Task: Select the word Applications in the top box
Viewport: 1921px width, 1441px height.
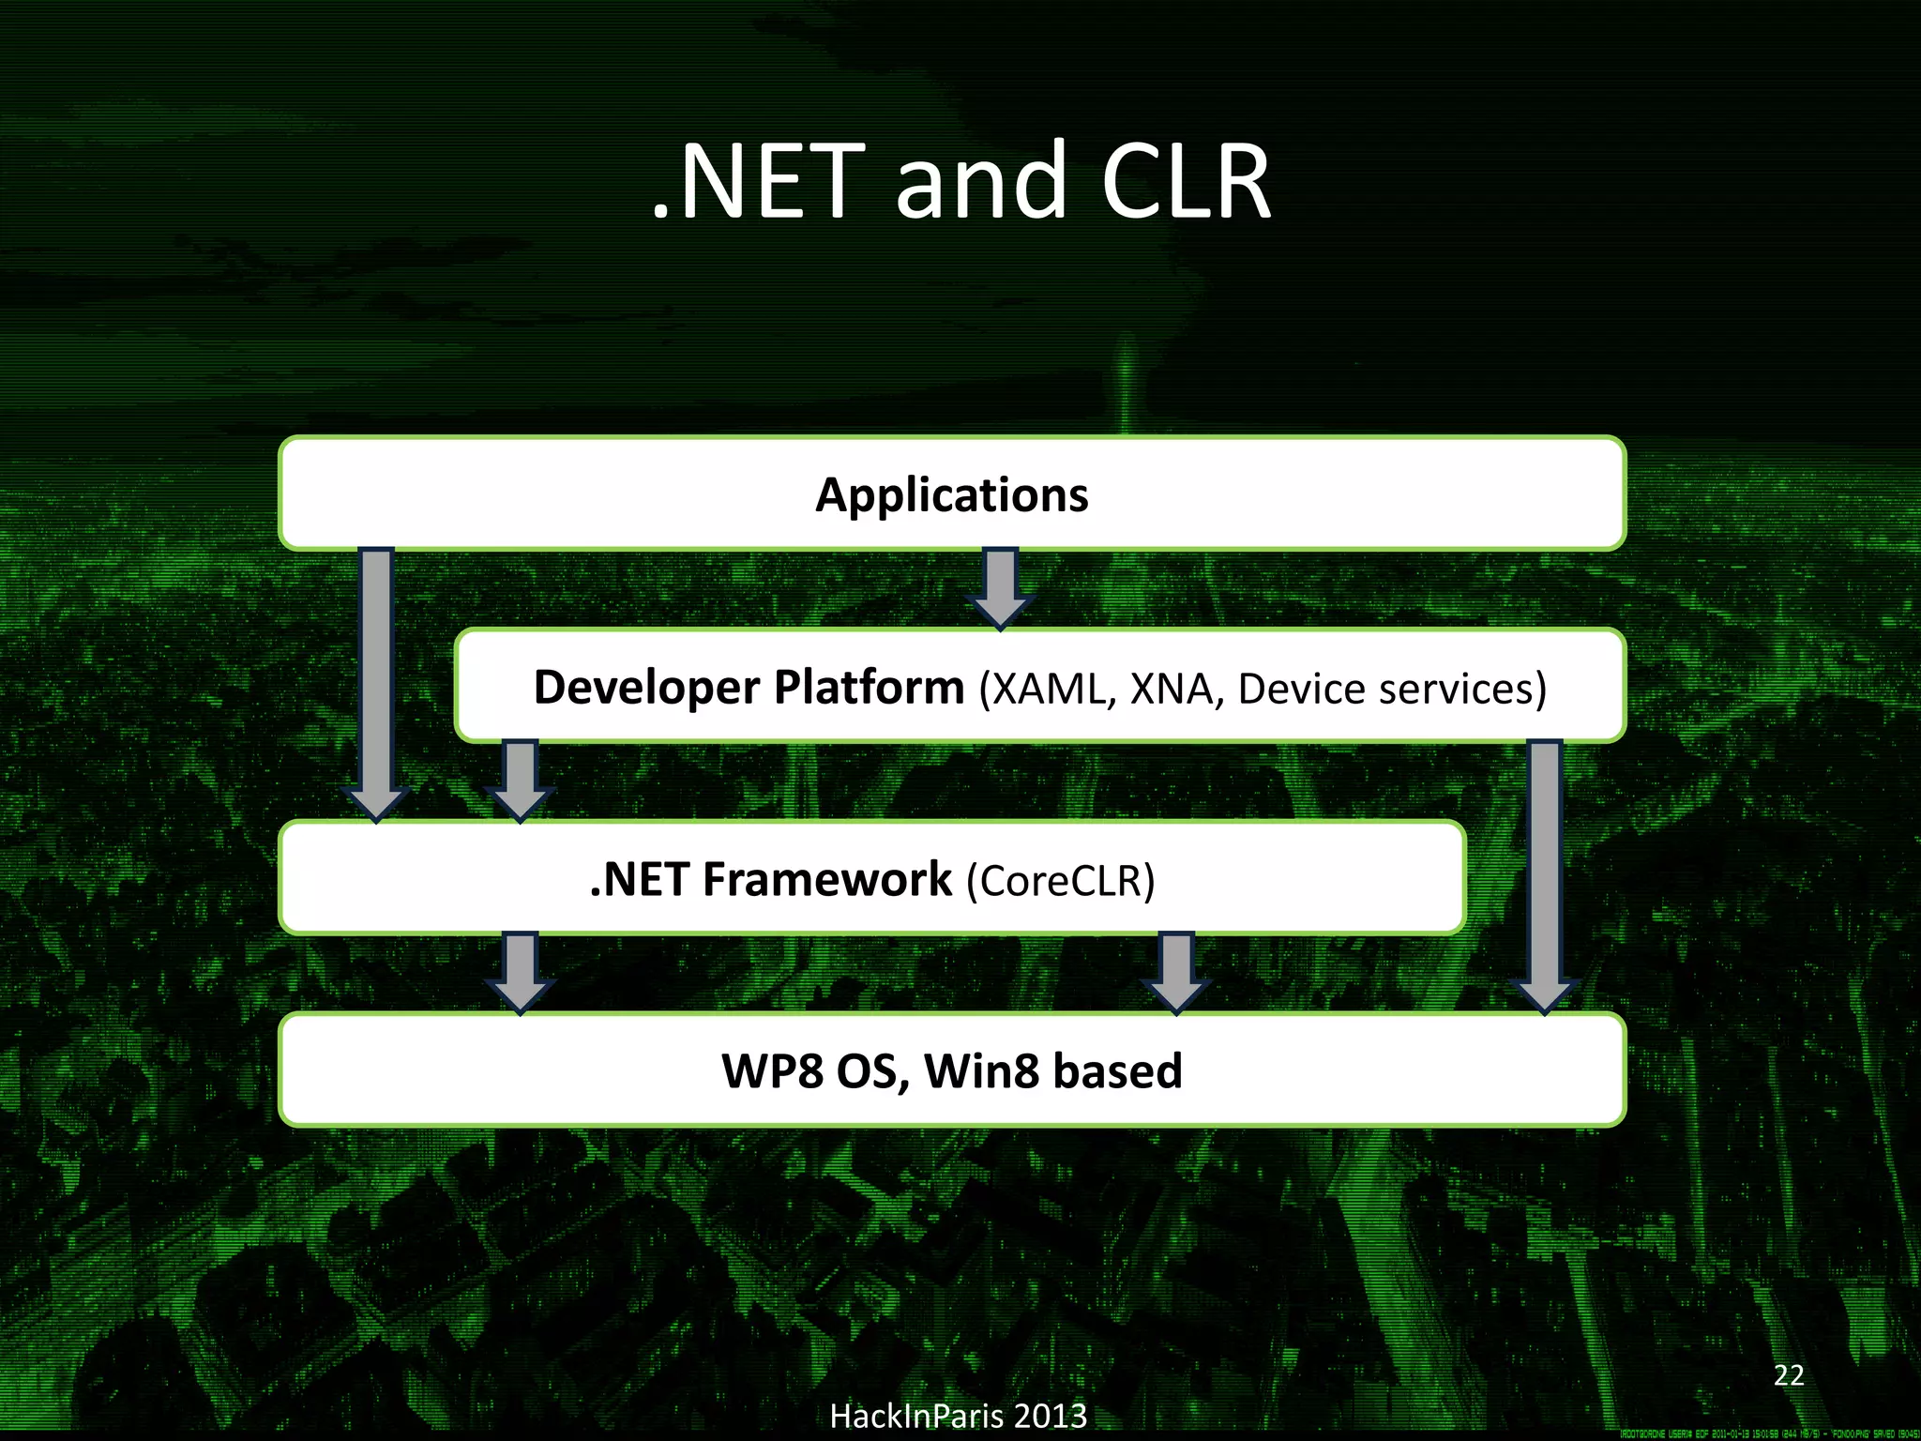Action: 951,494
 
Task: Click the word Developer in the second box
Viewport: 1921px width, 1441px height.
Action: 646,687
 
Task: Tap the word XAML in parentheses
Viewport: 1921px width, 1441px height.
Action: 1048,689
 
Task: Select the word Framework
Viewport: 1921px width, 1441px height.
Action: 827,880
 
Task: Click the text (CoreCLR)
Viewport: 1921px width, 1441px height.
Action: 1061,881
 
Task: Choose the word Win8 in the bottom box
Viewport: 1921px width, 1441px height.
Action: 981,1071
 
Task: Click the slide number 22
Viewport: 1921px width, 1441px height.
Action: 1789,1375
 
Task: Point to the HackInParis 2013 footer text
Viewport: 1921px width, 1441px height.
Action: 958,1416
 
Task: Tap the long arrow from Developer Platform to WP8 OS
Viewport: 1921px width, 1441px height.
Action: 1545,872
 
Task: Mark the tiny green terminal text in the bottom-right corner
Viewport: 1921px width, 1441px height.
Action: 1769,1433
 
